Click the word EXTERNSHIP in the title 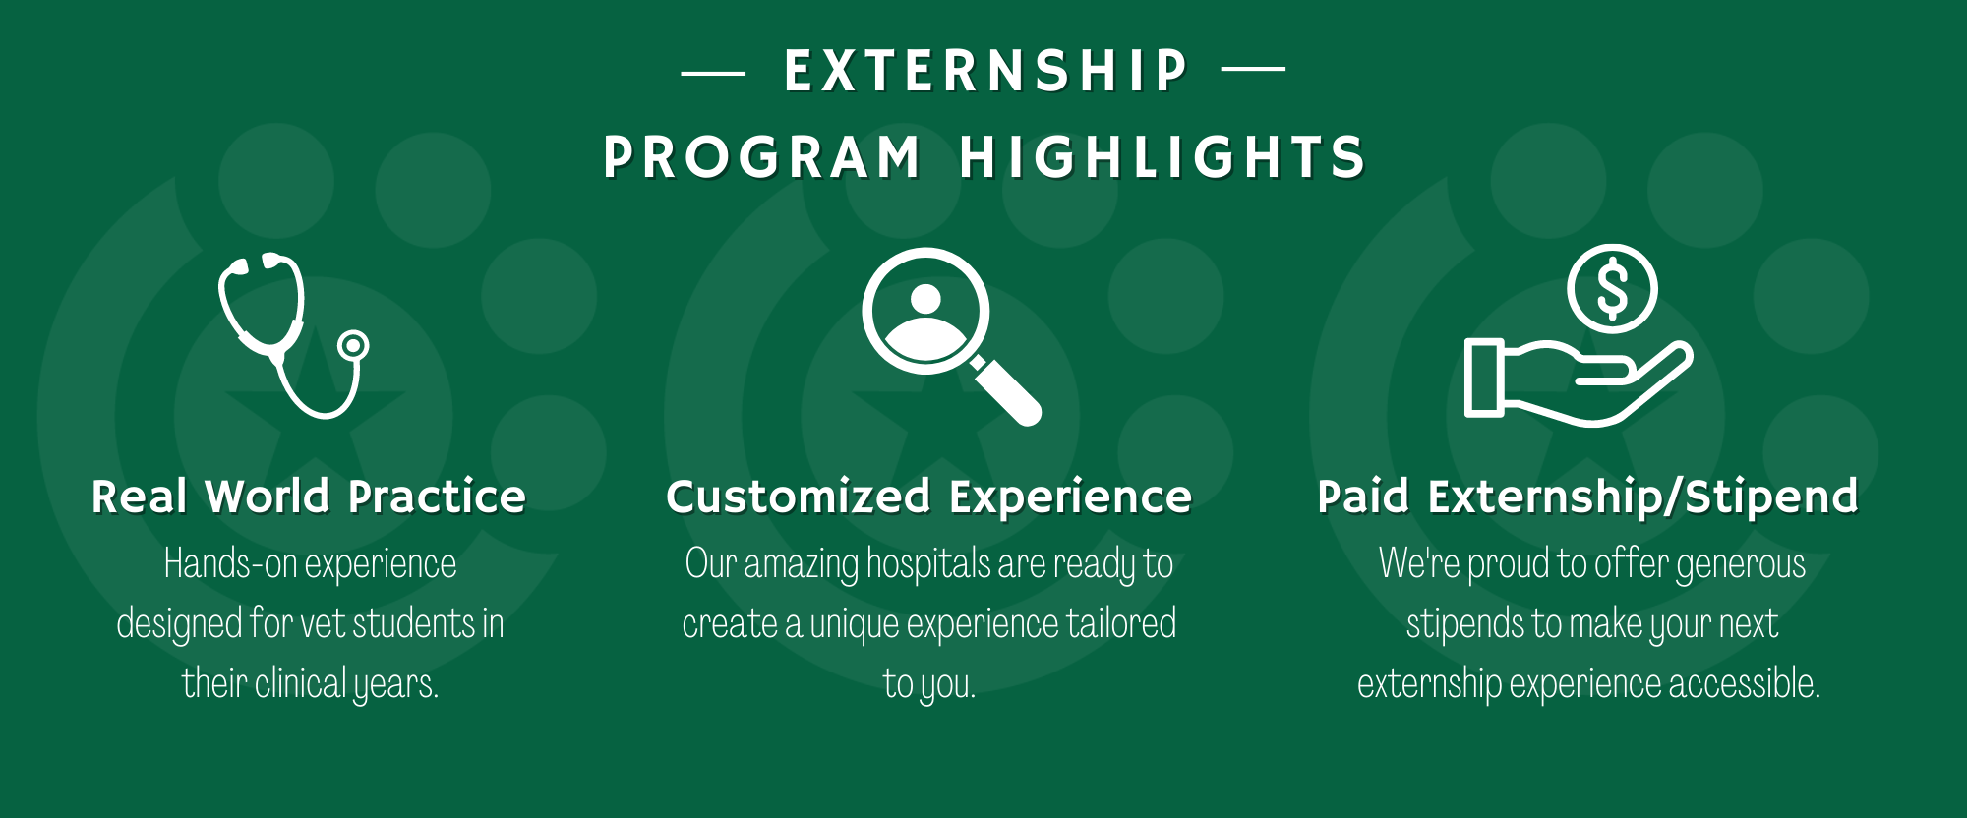(985, 71)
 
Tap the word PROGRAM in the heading (762, 157)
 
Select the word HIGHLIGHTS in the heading (1162, 157)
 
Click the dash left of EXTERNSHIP (713, 72)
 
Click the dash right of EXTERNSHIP (1253, 69)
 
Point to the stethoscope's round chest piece (353, 345)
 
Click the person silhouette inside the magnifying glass (925, 315)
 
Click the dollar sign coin (1612, 289)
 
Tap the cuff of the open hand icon (1484, 378)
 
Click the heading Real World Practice (309, 497)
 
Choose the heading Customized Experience (928, 497)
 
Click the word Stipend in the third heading (1771, 497)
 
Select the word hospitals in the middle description (928, 564)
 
